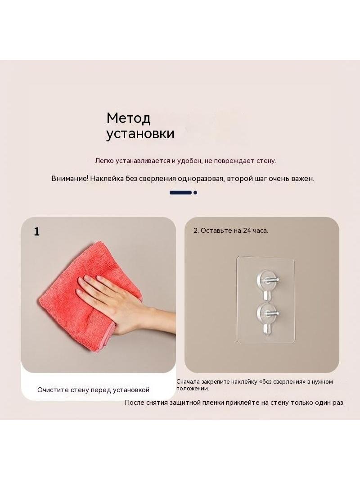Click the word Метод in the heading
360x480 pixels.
click(128, 118)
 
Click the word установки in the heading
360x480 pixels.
click(140, 134)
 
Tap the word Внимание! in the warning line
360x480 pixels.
click(70, 178)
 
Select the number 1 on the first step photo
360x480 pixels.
click(37, 232)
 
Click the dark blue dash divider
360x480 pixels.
click(181, 193)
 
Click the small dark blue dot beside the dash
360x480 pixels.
click(195, 193)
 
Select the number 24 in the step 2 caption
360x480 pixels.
click(247, 231)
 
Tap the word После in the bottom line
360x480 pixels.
click(135, 403)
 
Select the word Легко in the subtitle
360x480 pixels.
click(104, 161)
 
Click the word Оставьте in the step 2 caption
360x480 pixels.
click(216, 231)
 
